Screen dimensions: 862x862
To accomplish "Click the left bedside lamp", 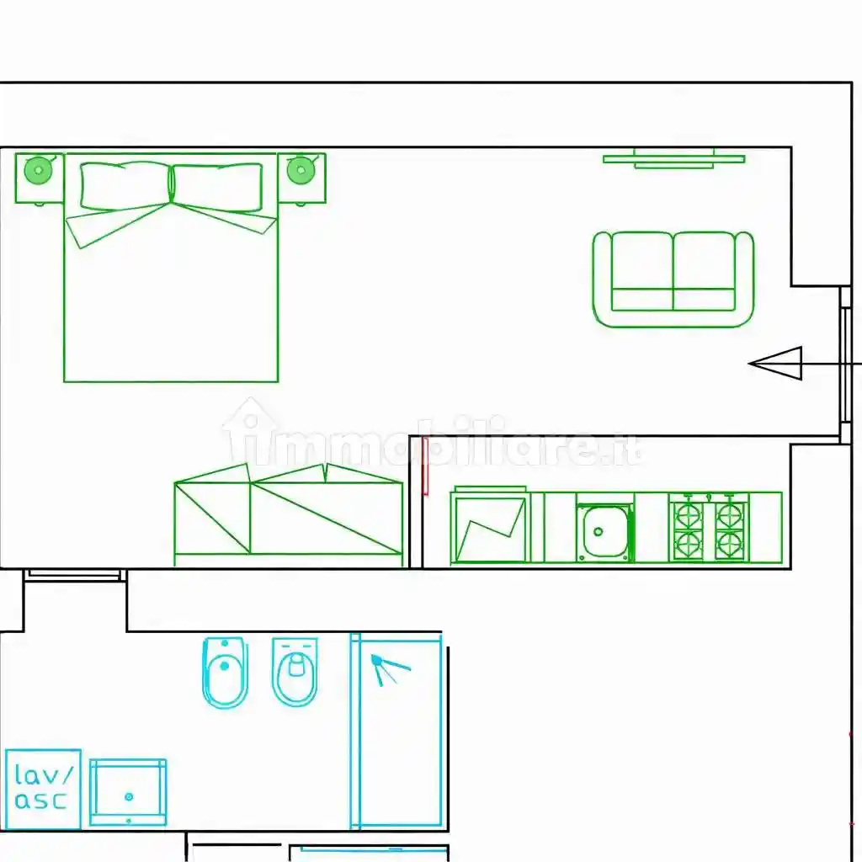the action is click(39, 170).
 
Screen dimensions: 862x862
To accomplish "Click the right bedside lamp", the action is click(301, 170).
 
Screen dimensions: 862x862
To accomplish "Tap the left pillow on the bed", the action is click(125, 186).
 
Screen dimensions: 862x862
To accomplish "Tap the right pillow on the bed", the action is click(217, 188).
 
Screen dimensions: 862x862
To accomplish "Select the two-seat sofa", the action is click(673, 279).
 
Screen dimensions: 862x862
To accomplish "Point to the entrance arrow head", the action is click(776, 364).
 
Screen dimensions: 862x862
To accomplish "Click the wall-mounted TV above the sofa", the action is click(674, 158).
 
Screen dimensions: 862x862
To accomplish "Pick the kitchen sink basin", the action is click(604, 532).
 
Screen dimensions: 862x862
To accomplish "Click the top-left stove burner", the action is click(689, 516).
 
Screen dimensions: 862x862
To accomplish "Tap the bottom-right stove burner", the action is click(730, 545).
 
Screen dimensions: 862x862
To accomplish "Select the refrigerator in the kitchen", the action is click(490, 526).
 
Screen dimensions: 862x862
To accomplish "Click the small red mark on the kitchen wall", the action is click(425, 466).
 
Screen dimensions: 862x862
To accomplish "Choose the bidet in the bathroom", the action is click(225, 673).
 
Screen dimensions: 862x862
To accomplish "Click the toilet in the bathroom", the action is click(295, 672).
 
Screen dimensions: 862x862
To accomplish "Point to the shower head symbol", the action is click(388, 668).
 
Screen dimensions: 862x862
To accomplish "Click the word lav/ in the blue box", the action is click(44, 774).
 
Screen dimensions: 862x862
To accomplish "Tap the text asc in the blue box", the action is click(40, 800).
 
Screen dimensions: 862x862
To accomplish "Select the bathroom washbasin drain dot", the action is click(129, 796).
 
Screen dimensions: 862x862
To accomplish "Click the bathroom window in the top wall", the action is click(74, 575).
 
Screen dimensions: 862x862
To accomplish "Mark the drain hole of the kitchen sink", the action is click(599, 532).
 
